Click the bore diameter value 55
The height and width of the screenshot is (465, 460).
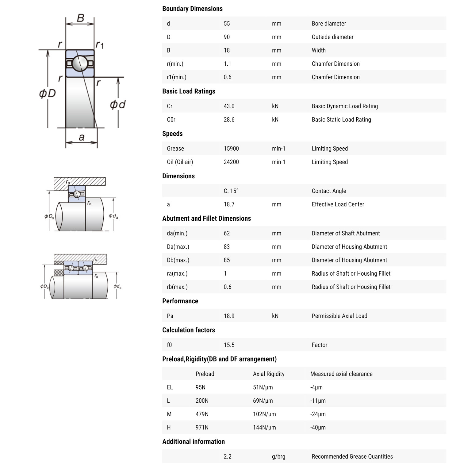tap(227, 24)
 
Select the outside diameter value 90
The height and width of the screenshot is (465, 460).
tap(227, 37)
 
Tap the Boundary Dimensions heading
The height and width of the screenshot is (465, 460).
tap(192, 9)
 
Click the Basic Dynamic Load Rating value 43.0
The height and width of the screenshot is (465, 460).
tap(229, 106)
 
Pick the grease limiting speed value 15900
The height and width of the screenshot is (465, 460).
tap(231, 149)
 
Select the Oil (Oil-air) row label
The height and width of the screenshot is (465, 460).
tap(180, 162)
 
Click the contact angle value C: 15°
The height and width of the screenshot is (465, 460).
tap(231, 191)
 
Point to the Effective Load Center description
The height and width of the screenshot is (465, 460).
tap(338, 204)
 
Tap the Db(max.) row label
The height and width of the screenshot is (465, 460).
tap(178, 260)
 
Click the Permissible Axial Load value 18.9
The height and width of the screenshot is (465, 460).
tap(229, 316)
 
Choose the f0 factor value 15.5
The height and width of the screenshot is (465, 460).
tap(229, 345)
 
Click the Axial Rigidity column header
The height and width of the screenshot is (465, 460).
tap(269, 374)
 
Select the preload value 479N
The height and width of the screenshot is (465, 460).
tap(202, 414)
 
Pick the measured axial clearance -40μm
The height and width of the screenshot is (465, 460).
tap(318, 428)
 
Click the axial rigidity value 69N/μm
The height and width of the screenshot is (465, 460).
tap(263, 401)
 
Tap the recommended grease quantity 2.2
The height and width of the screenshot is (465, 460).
tap(227, 456)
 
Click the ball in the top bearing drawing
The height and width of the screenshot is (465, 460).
tap(80, 63)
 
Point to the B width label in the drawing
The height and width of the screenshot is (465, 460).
tap(80, 18)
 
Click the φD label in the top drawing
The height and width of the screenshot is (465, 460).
tap(47, 93)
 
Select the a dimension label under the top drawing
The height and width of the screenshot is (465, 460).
tap(81, 137)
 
